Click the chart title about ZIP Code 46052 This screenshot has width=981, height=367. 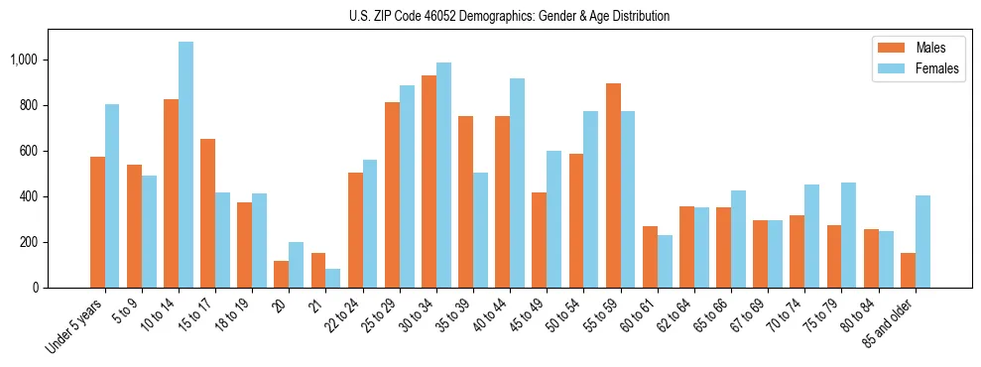point(509,16)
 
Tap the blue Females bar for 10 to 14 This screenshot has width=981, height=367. point(185,165)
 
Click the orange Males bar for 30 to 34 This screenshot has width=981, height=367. point(429,182)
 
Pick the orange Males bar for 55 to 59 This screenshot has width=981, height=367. point(613,185)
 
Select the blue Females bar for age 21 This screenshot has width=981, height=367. point(333,278)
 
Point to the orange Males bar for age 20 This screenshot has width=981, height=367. point(282,274)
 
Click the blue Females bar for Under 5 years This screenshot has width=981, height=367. point(112,195)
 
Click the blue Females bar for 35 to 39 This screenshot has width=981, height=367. point(480,230)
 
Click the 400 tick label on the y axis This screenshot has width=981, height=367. point(41,196)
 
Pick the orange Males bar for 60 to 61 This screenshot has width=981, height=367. point(650,257)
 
